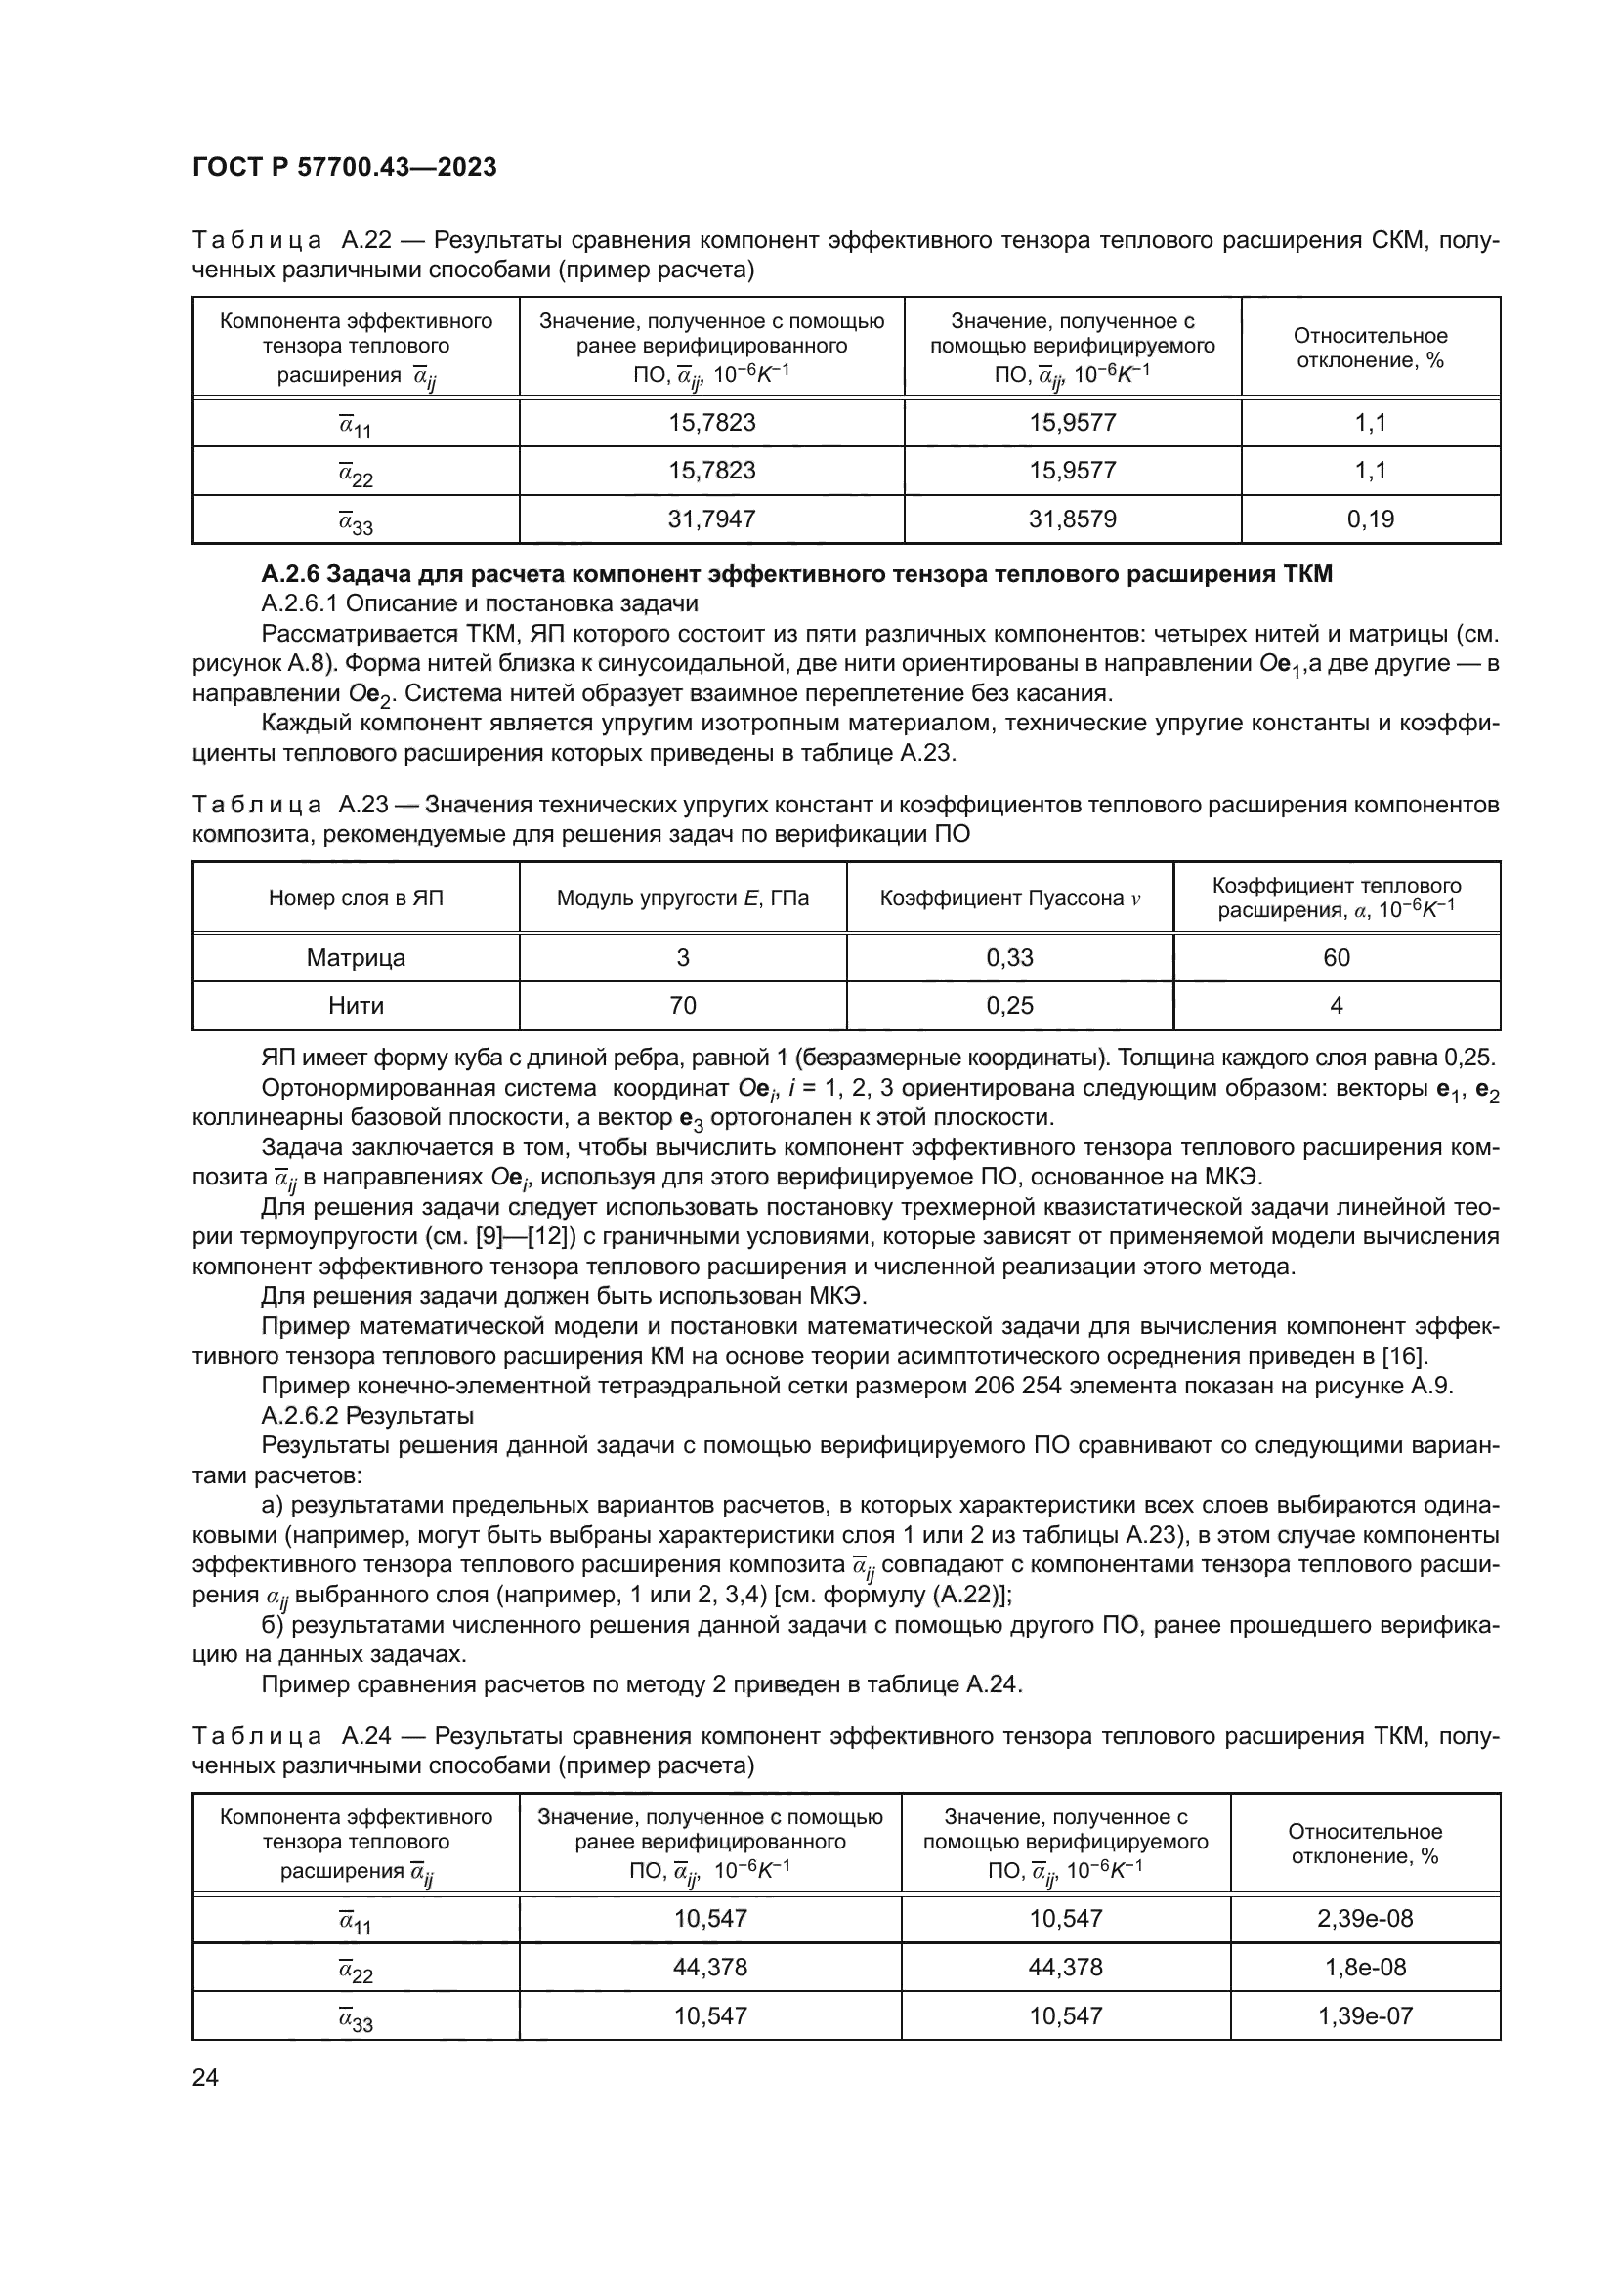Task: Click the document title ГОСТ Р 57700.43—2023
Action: [x=344, y=168]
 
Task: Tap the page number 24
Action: [x=205, y=2077]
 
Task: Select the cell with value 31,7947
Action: [x=711, y=519]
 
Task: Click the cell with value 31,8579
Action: [x=1072, y=519]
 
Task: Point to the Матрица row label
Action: [x=356, y=958]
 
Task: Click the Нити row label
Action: [x=356, y=1006]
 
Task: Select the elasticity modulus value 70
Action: [x=683, y=1006]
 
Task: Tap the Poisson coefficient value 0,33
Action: [x=1009, y=958]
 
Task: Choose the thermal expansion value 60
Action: [x=1336, y=958]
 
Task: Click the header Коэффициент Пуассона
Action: [x=1009, y=899]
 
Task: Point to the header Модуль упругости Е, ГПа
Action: [x=683, y=899]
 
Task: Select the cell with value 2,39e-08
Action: [x=1364, y=1919]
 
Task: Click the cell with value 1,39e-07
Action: [x=1364, y=2016]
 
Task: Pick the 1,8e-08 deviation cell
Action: [x=1364, y=1968]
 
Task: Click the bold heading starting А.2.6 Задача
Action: [x=796, y=574]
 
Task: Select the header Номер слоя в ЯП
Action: [x=356, y=899]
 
